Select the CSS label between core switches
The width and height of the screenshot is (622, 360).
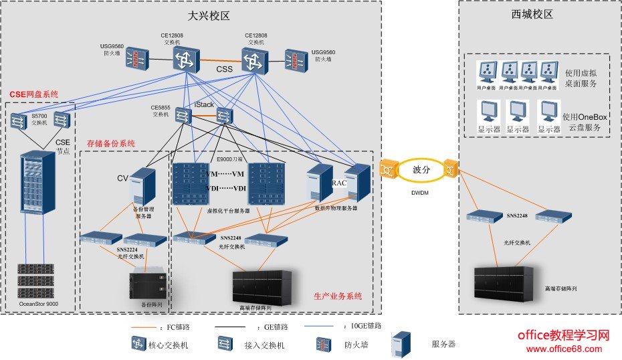click(225, 70)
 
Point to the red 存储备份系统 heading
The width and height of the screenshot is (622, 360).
click(111, 143)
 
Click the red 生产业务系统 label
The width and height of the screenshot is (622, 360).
click(338, 296)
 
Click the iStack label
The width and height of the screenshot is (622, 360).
click(204, 105)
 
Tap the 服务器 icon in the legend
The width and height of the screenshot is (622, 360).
click(401, 343)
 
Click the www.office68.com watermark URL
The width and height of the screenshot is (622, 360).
click(564, 349)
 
